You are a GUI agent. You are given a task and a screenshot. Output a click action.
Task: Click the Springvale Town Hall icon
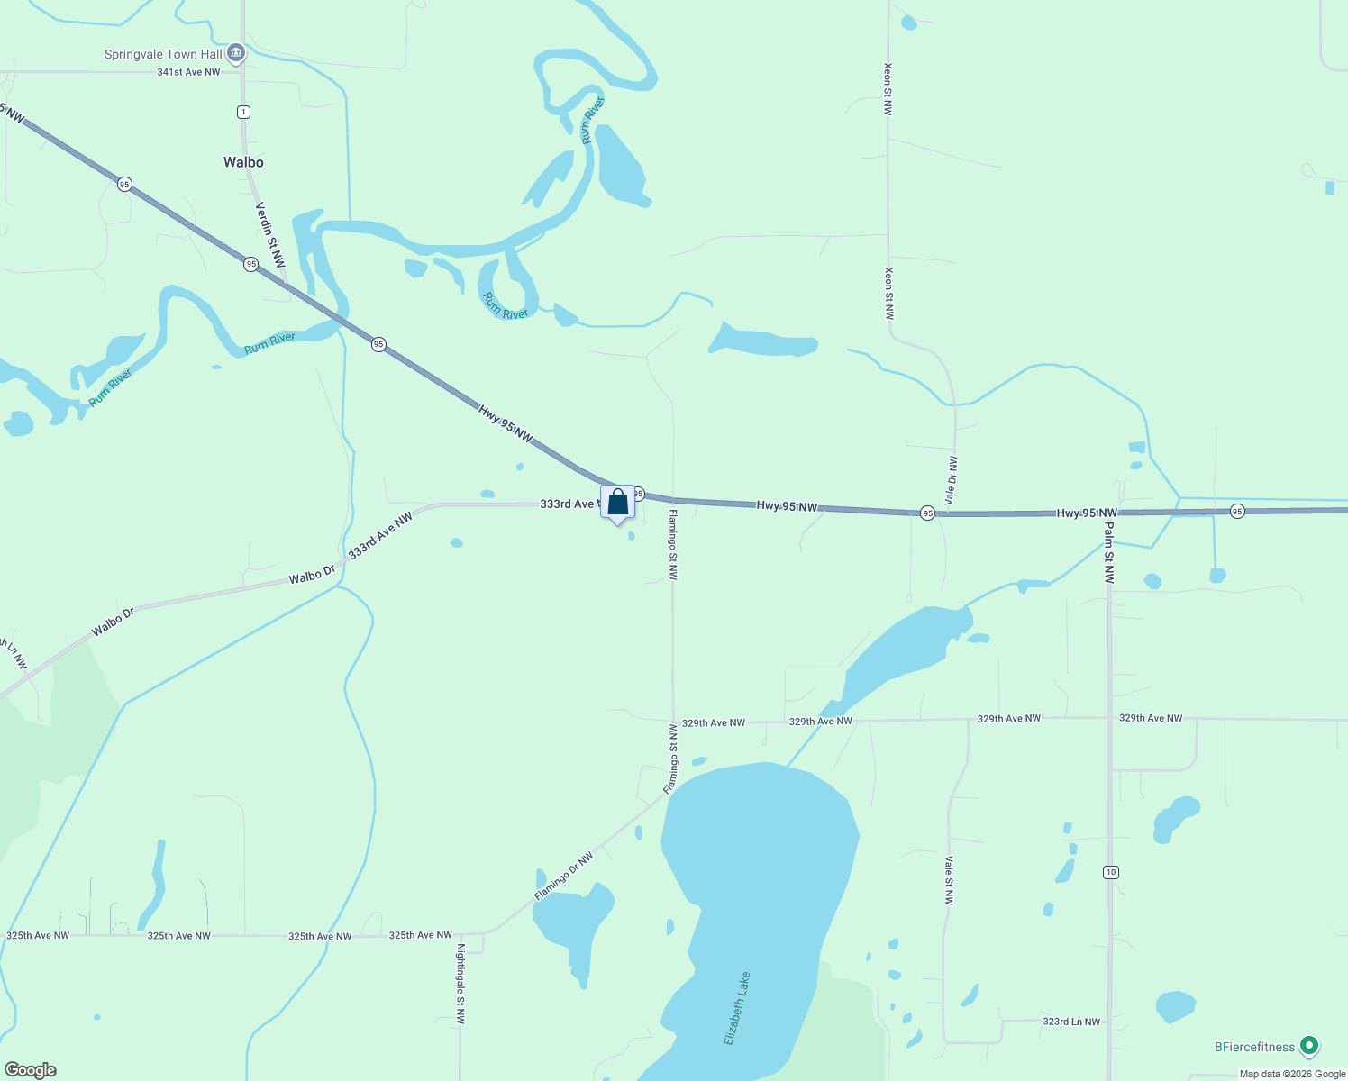pos(236,54)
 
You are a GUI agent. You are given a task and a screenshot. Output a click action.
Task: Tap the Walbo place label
pos(243,162)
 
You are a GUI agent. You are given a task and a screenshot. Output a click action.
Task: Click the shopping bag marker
pos(618,503)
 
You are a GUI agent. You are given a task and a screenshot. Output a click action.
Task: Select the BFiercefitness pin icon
pos(1309,1046)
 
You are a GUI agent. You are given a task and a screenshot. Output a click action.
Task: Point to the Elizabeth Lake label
pos(737,1009)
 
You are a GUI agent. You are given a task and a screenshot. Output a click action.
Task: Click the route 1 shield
pos(243,112)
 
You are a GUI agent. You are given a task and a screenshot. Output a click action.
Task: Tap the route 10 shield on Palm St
pos(1110,872)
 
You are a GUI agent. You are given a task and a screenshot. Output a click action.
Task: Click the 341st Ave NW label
pos(188,72)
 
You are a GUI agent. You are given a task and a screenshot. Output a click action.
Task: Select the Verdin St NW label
pos(270,235)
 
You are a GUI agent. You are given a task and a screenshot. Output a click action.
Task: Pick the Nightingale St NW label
pos(460,985)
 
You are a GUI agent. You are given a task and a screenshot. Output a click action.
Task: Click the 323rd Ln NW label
pos(1071,1022)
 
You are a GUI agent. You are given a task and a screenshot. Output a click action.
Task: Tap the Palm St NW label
pos(1109,553)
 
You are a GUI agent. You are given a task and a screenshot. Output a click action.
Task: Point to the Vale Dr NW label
pos(952,481)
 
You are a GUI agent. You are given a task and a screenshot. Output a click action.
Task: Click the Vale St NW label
pos(949,880)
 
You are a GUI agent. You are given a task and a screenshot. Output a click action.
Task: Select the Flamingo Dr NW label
pos(564,877)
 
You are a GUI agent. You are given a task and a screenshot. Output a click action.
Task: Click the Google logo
pos(30,1070)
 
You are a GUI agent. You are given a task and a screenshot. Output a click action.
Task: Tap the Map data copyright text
pos(1292,1074)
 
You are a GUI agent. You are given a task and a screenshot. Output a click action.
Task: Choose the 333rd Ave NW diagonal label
pos(380,535)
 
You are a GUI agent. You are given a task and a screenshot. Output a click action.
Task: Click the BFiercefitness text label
pos(1254,1047)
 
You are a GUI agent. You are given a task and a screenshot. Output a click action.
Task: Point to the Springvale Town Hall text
pos(163,54)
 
